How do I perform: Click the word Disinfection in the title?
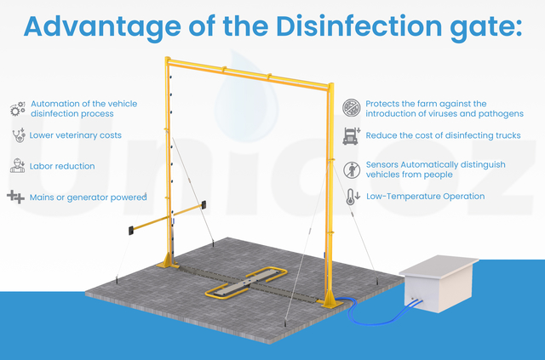pos(359,26)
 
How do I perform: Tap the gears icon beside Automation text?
pos(18,109)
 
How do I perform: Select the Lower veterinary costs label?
pos(76,135)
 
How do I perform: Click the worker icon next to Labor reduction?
pos(17,166)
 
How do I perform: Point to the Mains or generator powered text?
pos(89,197)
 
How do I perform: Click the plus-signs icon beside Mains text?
pos(15,197)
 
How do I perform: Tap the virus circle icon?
pos(352,107)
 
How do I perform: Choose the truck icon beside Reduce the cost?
pos(352,136)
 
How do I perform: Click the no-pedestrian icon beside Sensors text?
pos(352,170)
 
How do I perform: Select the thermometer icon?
pos(353,197)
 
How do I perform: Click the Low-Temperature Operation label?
pos(426,197)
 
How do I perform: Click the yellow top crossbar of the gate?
pos(248,73)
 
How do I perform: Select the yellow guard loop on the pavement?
pos(246,283)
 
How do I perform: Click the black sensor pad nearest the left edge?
pos(131,231)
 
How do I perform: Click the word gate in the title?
pos(486,27)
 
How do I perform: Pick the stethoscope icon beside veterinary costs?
pos(18,135)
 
